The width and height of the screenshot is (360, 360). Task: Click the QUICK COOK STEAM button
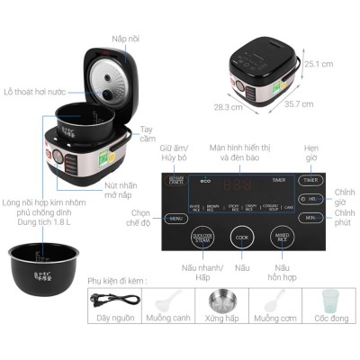tap(203, 237)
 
